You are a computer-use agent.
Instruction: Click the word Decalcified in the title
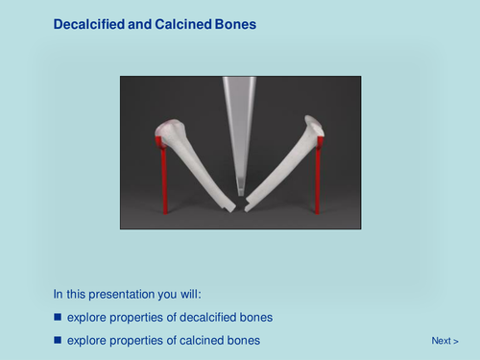(x=89, y=23)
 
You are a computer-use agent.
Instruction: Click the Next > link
(x=444, y=341)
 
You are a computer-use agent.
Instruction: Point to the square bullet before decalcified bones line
(x=58, y=317)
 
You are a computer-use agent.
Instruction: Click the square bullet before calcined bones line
(x=58, y=341)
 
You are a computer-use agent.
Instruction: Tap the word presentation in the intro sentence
(x=120, y=294)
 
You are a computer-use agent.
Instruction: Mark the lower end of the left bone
(x=228, y=204)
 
